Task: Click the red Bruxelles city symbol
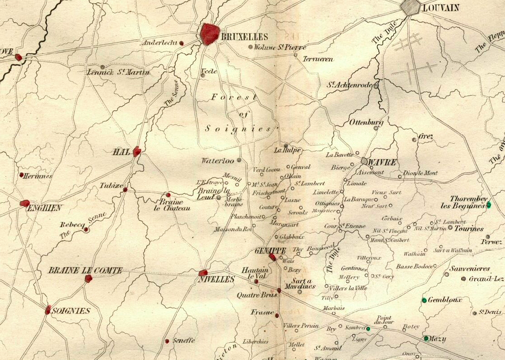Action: coord(210,34)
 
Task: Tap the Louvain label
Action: coord(441,8)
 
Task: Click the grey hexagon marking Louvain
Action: coord(411,7)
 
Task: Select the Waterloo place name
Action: coord(217,161)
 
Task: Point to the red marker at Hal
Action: coord(137,151)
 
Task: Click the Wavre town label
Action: coord(382,162)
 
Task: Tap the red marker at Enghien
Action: coord(25,203)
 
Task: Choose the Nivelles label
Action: coord(220,279)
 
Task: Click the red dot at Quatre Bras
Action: coord(279,290)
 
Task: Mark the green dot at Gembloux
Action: coord(424,300)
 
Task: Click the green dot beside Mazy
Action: coord(426,338)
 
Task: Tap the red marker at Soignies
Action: coord(48,310)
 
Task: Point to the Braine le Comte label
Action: coord(85,271)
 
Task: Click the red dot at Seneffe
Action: coord(167,341)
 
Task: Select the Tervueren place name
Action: coord(318,59)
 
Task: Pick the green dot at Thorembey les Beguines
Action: coord(488,205)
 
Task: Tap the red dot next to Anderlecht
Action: coord(181,43)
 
